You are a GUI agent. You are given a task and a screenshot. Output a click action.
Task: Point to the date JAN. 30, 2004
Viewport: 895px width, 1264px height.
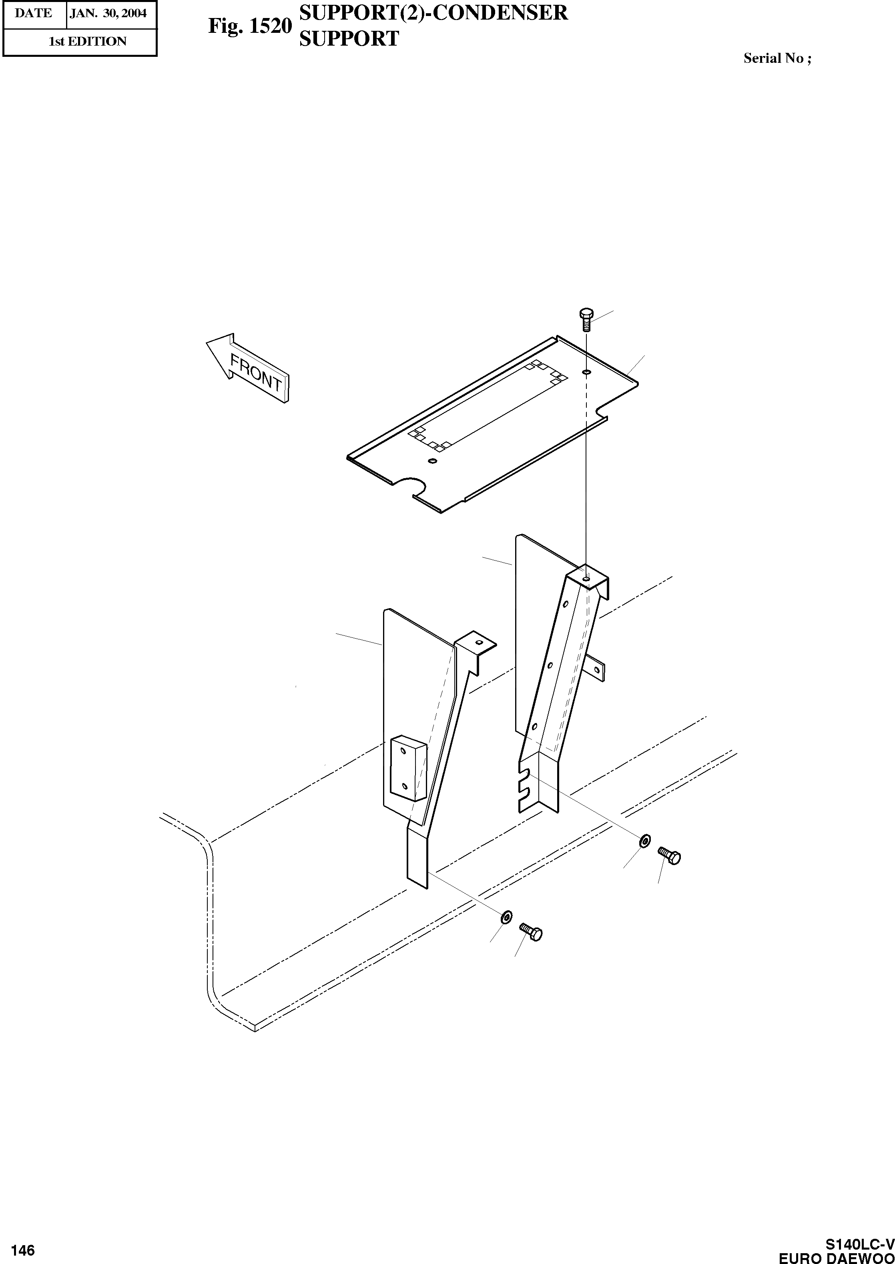(x=108, y=13)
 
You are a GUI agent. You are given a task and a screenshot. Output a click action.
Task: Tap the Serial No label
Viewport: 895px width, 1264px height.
(x=777, y=58)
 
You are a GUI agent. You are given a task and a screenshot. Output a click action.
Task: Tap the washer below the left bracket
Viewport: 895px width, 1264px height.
(x=506, y=917)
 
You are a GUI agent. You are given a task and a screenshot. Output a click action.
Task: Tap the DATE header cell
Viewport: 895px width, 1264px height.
(x=34, y=13)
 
